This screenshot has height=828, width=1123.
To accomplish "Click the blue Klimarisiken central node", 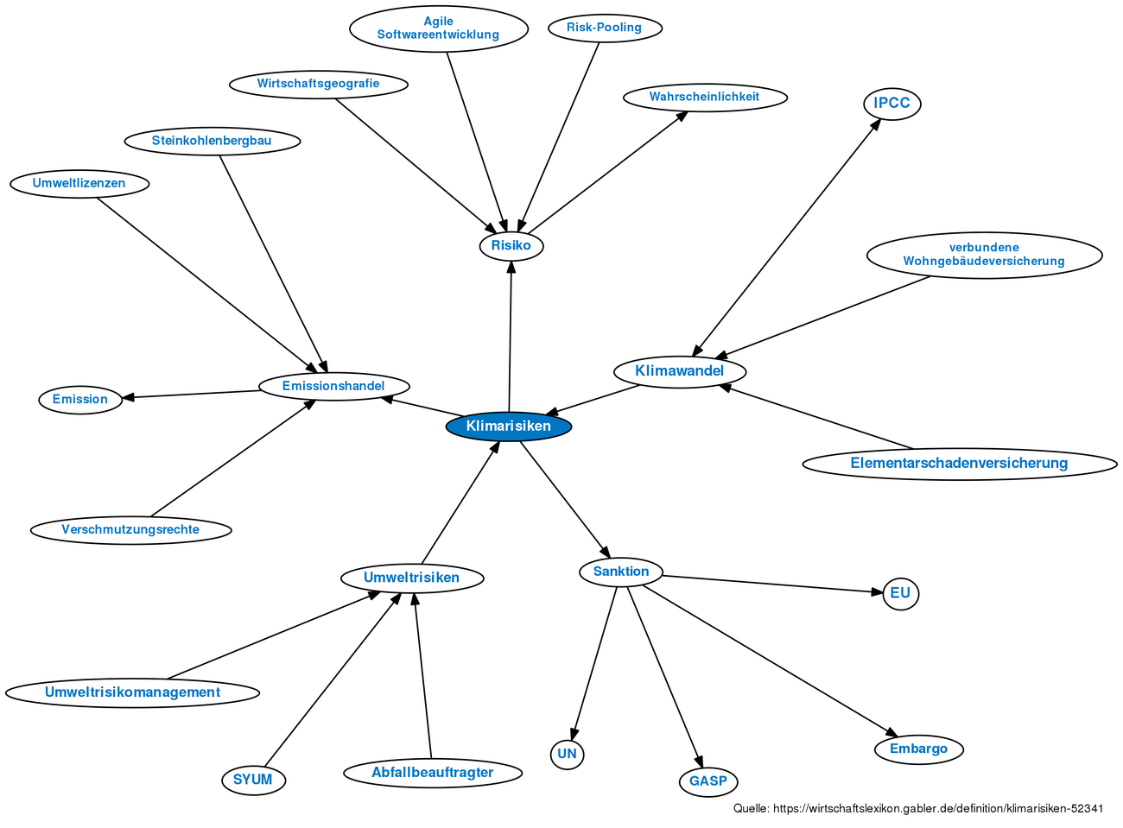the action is (x=508, y=427).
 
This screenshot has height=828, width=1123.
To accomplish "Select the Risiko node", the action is (x=511, y=245).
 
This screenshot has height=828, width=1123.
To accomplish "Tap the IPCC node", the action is (x=891, y=104).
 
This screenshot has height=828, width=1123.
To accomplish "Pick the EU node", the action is (x=900, y=593).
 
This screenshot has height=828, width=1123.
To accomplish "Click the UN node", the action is (x=567, y=754).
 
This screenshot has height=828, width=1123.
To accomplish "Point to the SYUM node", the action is (x=254, y=780).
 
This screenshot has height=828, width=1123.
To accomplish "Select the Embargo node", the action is (x=918, y=749).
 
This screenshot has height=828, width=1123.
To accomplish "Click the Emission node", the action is (x=80, y=400).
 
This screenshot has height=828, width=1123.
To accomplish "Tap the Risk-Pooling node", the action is (x=605, y=28).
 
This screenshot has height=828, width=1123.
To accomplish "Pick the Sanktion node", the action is (x=621, y=572).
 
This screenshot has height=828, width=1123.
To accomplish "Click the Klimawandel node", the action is (x=680, y=371).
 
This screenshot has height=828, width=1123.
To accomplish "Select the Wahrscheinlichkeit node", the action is (x=705, y=98).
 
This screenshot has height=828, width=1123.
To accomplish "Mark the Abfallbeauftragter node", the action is (x=433, y=773).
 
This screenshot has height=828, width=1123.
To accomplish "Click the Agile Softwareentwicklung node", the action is (x=439, y=28).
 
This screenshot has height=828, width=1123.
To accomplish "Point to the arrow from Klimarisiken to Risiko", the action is (x=511, y=337).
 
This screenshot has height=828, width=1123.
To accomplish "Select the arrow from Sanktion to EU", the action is (x=772, y=585).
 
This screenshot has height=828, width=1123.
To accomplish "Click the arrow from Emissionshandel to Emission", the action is (x=191, y=394).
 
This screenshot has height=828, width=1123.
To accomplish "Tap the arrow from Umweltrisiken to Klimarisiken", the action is (x=460, y=502).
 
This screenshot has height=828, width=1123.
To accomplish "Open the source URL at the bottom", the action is (x=918, y=808).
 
